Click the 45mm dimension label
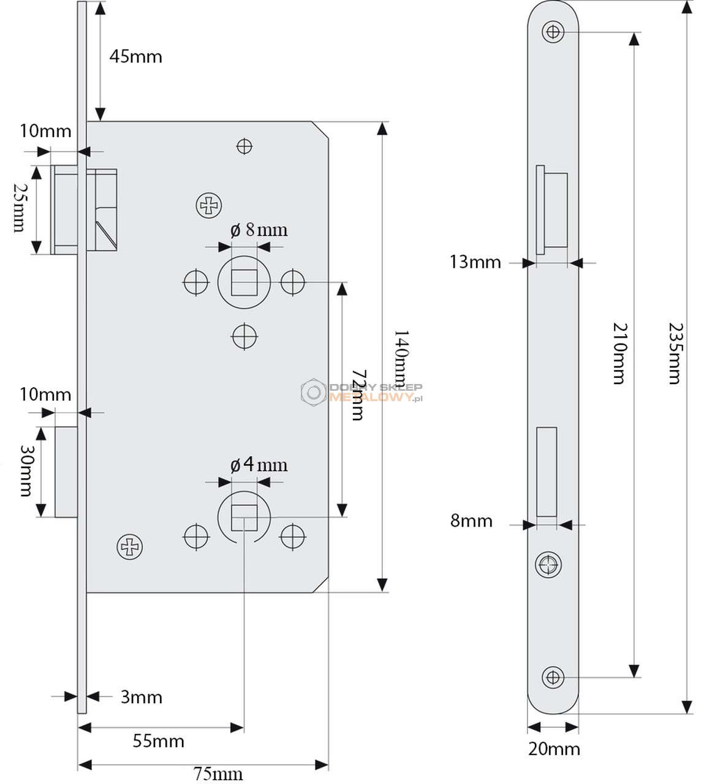click(135, 57)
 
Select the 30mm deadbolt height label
click(26, 470)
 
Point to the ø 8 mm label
click(259, 230)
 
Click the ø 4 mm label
click(259, 465)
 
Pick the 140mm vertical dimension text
click(400, 359)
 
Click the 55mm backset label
click(158, 741)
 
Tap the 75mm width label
click(218, 774)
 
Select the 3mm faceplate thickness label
click(141, 697)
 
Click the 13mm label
click(475, 262)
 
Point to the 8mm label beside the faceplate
click(471, 521)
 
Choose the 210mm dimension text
click(620, 353)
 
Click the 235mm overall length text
click(674, 353)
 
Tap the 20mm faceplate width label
click(554, 748)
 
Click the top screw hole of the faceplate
click(553, 31)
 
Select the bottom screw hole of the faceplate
click(553, 677)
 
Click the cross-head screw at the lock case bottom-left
click(130, 546)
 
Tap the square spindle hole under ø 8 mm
click(244, 282)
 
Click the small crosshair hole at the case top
click(244, 146)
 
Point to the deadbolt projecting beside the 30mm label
click(66, 472)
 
